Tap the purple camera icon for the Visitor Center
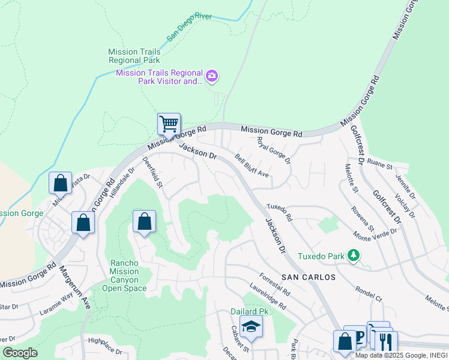(x=211, y=76)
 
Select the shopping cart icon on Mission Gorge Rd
(x=169, y=124)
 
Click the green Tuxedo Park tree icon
(x=354, y=256)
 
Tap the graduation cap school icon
(x=250, y=327)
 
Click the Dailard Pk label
(x=249, y=311)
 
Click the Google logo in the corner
(x=19, y=353)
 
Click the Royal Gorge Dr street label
(x=273, y=151)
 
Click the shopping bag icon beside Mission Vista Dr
(x=60, y=184)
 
